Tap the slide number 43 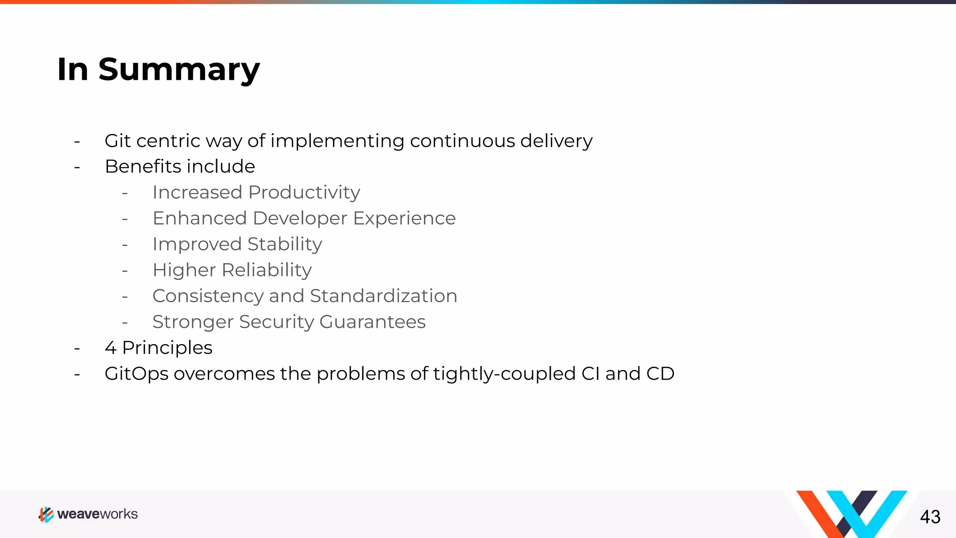930,517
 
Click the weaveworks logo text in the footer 97,514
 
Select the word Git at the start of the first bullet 117,141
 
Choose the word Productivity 304,192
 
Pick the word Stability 285,244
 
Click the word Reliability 267,270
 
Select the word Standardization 383,296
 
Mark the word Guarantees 373,322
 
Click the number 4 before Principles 110,348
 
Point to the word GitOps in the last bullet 136,374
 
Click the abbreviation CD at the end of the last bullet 660,374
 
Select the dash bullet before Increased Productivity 125,193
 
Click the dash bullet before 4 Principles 77,348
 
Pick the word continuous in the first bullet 462,141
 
